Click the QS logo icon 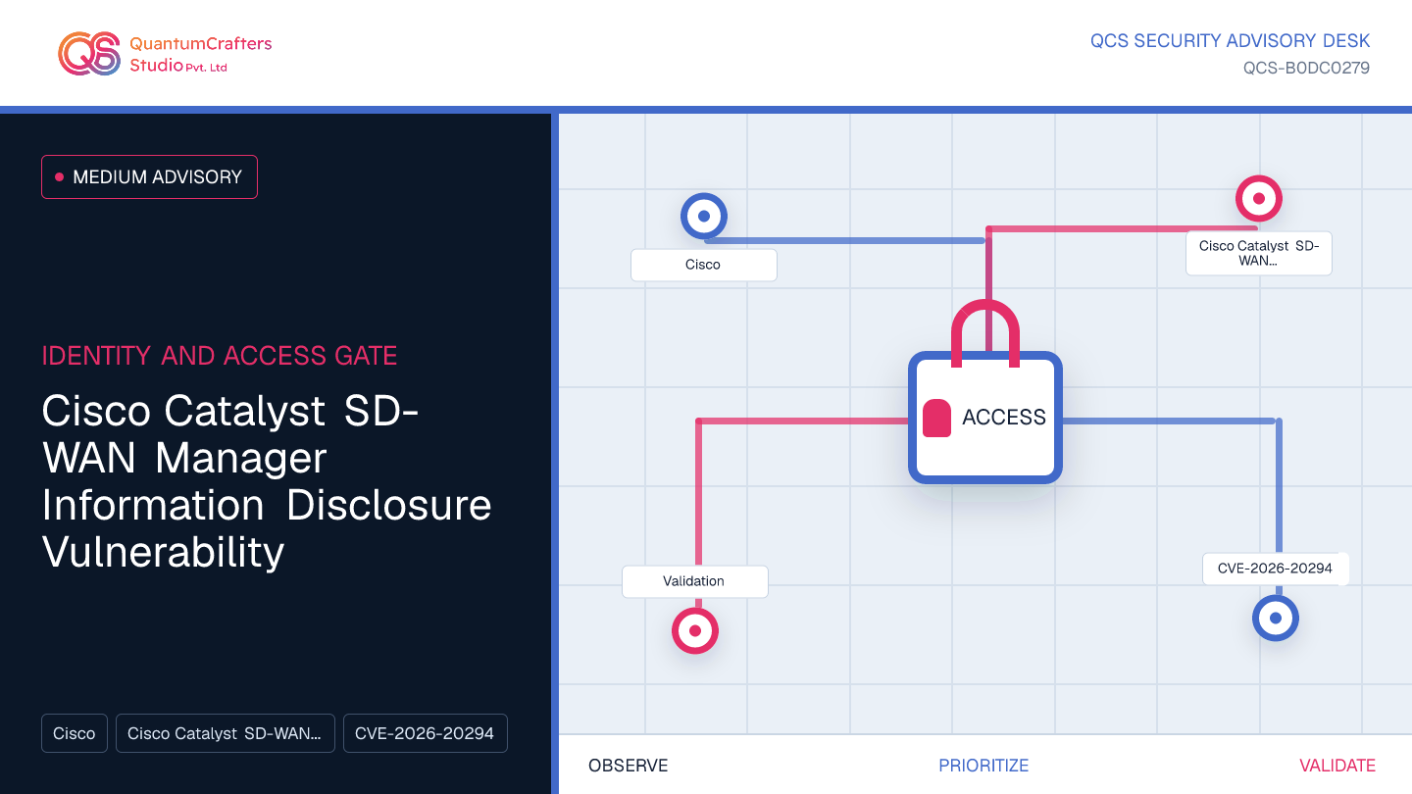(89, 54)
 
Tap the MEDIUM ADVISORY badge (149, 177)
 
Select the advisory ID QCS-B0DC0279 (1306, 68)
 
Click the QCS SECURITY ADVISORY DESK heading (1230, 41)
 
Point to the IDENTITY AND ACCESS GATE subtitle (220, 356)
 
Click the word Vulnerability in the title (163, 552)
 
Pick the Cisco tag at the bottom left (75, 733)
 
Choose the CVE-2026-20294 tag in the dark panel (426, 733)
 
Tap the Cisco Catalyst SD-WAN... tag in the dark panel (226, 733)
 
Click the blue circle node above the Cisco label (704, 216)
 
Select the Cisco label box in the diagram (703, 265)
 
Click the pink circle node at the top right (1259, 198)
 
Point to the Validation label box (694, 581)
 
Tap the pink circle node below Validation (695, 631)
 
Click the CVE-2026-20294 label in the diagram (1275, 569)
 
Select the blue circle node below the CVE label (1275, 619)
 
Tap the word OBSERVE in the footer (628, 766)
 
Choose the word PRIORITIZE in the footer (983, 766)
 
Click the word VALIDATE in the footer (1337, 766)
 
